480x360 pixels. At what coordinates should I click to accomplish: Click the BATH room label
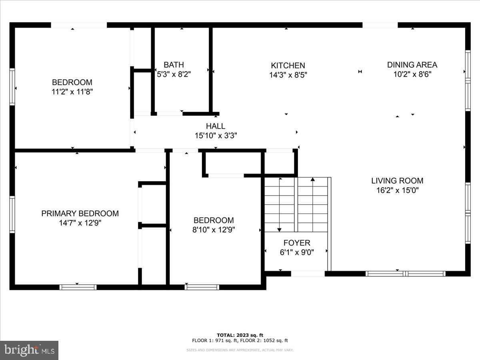[174, 65]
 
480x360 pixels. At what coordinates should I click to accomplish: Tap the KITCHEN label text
[288, 66]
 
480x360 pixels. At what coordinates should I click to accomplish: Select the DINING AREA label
[412, 65]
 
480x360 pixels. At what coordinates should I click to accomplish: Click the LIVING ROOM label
[397, 181]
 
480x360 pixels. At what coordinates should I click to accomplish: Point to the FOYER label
[296, 243]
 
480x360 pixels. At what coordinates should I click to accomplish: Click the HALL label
[216, 126]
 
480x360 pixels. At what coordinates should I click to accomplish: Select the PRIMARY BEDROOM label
[80, 214]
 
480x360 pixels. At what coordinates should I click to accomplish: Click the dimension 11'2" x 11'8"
[72, 92]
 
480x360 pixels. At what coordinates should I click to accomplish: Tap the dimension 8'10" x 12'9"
[214, 230]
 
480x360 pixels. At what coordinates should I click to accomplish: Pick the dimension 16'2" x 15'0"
[397, 191]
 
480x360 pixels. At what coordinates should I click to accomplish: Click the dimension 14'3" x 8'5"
[288, 75]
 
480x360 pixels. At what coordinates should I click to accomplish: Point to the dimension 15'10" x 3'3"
[216, 136]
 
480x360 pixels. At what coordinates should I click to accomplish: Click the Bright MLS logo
[29, 350]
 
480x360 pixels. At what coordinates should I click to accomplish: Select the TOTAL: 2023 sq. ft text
[240, 335]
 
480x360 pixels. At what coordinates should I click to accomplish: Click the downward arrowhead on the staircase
[279, 229]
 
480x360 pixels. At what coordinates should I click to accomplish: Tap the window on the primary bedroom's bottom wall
[78, 287]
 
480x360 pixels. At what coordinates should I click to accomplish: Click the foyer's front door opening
[308, 274]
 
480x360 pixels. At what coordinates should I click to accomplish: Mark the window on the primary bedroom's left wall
[12, 214]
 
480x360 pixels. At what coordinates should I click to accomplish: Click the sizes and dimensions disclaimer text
[240, 350]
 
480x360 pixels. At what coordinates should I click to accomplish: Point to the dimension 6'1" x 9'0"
[296, 252]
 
